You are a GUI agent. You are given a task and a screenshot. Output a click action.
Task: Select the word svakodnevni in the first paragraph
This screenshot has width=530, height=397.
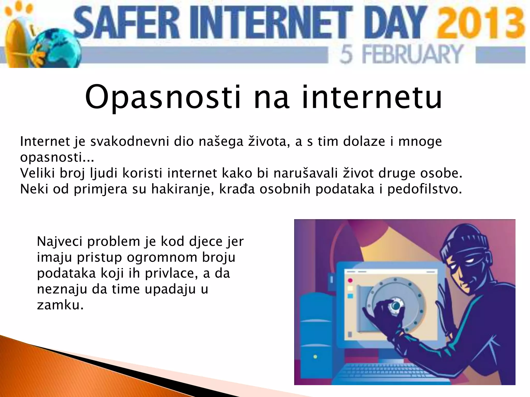(x=129, y=141)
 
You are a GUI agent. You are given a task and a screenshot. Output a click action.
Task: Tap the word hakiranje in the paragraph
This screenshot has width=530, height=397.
(x=183, y=189)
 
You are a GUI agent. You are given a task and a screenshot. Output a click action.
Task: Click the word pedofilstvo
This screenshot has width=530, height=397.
(x=424, y=189)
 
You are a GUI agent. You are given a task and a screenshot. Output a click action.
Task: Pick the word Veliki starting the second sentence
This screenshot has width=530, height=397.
(x=38, y=173)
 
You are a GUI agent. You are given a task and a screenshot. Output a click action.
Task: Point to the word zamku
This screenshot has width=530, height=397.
(x=60, y=305)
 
